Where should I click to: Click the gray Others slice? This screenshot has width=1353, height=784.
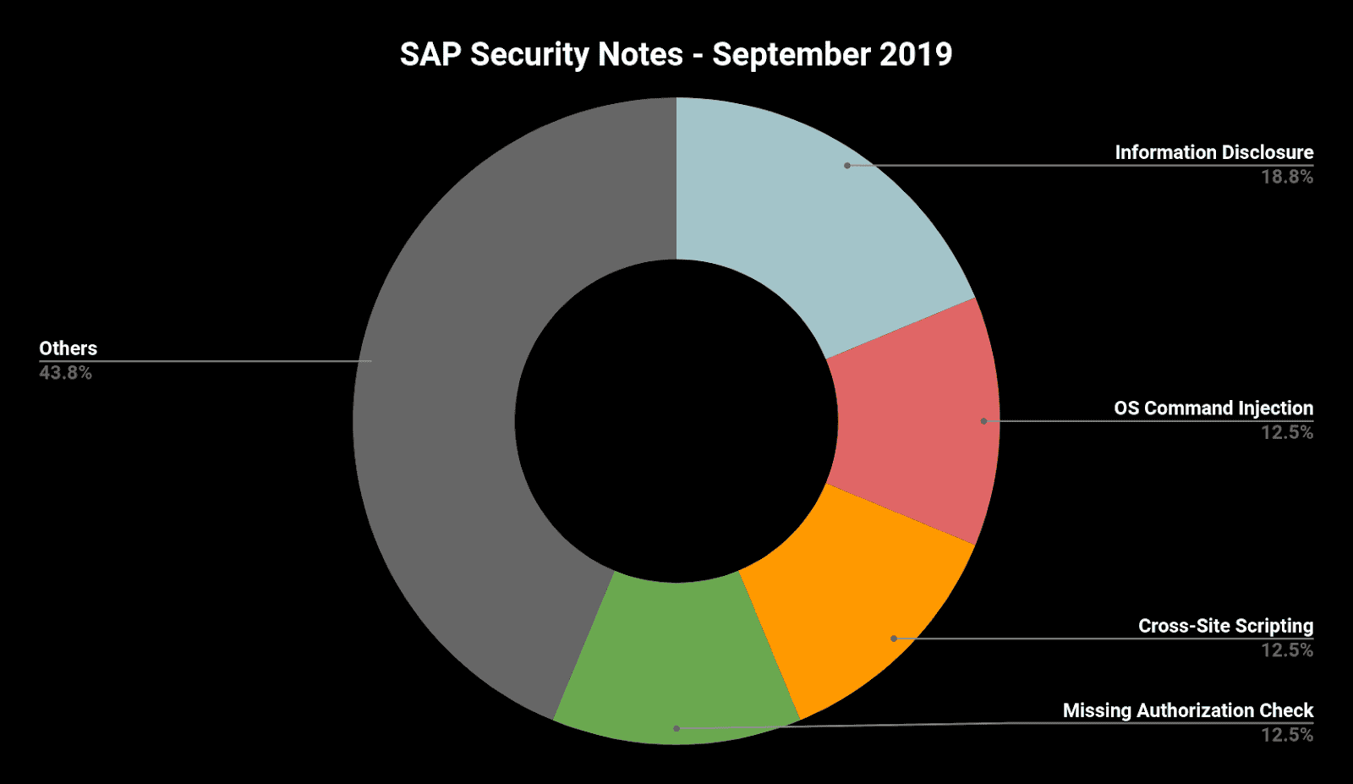440,423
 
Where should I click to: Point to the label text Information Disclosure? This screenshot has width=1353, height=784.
1213,152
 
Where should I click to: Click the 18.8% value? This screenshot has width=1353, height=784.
1287,177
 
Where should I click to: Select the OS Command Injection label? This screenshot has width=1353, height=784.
1213,408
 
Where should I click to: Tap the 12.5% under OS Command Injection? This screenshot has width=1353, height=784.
1287,432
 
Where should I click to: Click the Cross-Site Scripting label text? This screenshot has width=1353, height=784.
1225,626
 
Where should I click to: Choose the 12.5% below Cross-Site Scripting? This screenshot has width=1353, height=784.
1287,650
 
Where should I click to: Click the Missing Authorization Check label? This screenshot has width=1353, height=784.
1187,710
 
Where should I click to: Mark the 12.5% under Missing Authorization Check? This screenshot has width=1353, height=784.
1287,735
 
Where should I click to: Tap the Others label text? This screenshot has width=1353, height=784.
68,348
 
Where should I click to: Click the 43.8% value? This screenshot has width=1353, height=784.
65,373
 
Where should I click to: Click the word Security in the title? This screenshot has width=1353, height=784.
529,55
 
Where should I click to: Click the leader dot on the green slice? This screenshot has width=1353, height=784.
676,728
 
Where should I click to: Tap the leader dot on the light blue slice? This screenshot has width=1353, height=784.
847,166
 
